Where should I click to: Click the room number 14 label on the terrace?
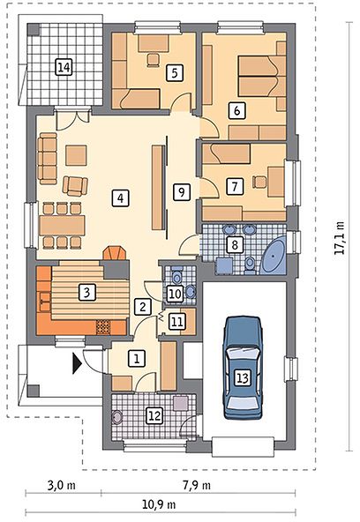coord(64,67)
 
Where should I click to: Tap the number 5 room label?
coord(175,72)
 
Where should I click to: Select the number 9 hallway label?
coord(182,192)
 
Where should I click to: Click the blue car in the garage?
coord(243,368)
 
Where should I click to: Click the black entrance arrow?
coord(78,363)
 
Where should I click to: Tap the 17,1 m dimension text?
coord(339,238)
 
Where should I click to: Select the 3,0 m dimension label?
coord(62,485)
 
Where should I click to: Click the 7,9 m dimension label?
coord(197,485)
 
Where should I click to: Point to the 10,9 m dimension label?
coord(159,504)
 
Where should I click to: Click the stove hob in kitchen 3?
coord(103,327)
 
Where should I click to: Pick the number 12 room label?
coord(155,416)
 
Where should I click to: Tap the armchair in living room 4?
coord(75,186)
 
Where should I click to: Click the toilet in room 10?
coord(176,275)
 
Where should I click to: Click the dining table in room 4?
coord(62,226)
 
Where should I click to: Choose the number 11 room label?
coord(176,322)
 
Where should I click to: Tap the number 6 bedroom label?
coord(236,110)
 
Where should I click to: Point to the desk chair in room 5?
coord(154,60)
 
